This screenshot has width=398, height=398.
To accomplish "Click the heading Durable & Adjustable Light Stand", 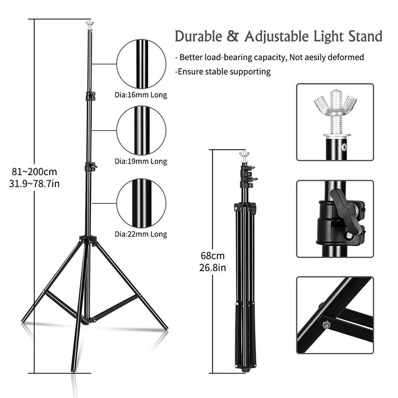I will coord(278,37).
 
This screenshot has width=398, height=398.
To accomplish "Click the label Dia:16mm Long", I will coord(141,95).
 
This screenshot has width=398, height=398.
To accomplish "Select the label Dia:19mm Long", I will coord(141,161).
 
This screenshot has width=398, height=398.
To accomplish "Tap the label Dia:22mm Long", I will coord(141,234).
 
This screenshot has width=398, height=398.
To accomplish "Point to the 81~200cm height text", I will coord(34,172).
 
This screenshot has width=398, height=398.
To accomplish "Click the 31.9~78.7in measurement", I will coord(34,184).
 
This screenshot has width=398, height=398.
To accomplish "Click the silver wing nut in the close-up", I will coord(336,105).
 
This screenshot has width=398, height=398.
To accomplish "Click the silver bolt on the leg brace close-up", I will coord(326,324).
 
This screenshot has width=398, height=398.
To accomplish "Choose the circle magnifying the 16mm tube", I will coord(141,64).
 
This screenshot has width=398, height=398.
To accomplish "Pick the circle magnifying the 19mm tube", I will coord(141,130).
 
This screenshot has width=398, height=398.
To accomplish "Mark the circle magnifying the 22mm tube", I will coord(141,203).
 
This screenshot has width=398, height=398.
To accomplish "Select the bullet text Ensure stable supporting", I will coord(224,72).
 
